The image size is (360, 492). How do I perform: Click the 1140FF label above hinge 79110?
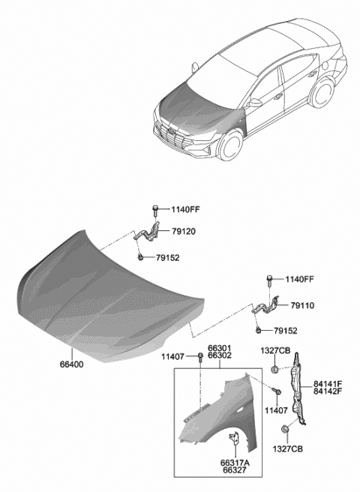(301, 280)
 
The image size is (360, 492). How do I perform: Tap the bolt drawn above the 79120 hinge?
(154, 208)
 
